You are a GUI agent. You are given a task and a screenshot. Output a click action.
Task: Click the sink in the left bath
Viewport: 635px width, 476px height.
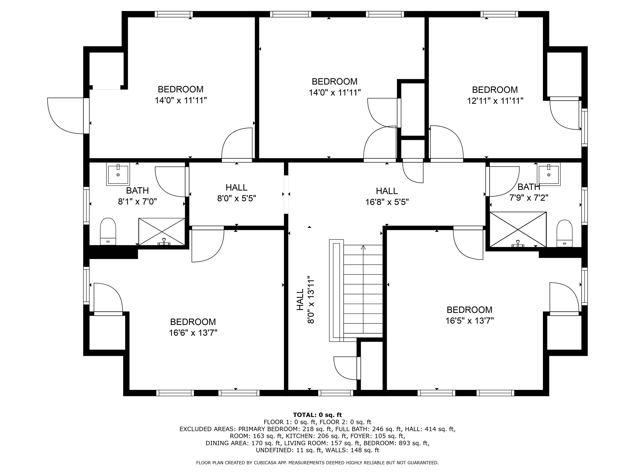tap(118, 174)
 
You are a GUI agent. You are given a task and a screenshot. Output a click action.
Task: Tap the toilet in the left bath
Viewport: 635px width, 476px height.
tap(108, 231)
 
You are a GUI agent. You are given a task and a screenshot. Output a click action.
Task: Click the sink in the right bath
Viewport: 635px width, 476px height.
tap(549, 174)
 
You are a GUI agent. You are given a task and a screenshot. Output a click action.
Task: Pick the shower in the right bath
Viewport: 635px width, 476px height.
tap(518, 229)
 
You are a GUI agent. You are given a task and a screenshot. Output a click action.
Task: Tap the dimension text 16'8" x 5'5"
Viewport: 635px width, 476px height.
tap(387, 202)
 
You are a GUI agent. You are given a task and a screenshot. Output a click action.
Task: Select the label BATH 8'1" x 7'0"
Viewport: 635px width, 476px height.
tap(137, 196)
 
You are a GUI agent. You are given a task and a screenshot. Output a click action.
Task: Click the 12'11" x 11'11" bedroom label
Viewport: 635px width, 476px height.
tap(495, 101)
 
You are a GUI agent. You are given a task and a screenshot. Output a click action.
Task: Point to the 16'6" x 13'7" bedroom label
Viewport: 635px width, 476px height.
tap(193, 333)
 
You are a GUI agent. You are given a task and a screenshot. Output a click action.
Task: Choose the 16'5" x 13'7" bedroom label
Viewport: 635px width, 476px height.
tap(469, 321)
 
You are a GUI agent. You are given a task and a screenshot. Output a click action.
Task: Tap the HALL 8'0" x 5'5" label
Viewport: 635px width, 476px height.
tap(236, 193)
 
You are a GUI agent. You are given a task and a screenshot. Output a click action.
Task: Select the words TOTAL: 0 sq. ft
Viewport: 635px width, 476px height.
tap(317, 415)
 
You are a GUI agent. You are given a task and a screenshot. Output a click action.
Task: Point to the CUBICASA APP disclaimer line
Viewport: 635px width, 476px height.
tap(317, 462)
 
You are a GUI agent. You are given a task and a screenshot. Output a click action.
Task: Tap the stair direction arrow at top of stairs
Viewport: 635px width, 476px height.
tap(363, 247)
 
